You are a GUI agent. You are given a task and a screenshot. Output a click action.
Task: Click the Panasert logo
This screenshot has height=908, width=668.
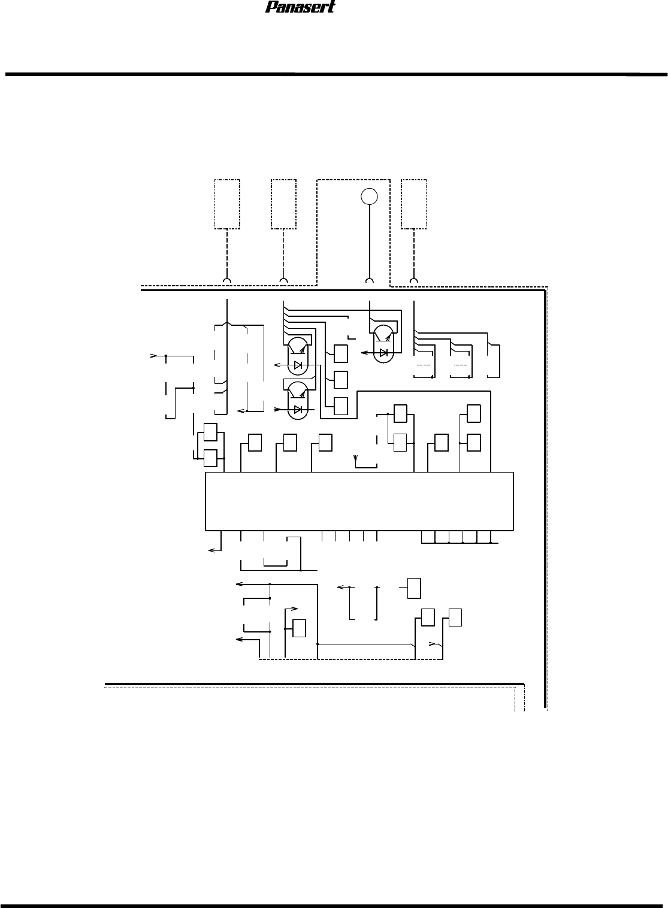click(301, 7)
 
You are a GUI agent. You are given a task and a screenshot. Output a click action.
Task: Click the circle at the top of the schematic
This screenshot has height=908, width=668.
click(369, 196)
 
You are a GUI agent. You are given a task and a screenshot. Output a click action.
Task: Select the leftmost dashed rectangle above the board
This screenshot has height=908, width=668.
click(227, 204)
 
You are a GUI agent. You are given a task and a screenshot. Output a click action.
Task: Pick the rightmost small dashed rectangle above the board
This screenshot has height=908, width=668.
click(414, 204)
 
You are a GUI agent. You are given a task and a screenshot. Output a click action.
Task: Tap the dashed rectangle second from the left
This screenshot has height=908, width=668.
click(283, 204)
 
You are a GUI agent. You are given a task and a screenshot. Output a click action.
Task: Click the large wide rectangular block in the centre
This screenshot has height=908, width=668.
click(359, 501)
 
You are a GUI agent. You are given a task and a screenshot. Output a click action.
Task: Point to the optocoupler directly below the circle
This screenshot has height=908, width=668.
click(383, 344)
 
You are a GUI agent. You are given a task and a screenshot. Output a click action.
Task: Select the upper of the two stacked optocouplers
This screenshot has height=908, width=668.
click(298, 356)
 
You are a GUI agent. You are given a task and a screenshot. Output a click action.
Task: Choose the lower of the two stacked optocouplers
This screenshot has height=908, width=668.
click(298, 401)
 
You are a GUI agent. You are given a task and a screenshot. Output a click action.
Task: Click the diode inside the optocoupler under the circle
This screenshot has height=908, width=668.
click(383, 353)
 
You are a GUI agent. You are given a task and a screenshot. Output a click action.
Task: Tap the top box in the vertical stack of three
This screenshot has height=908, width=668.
click(341, 353)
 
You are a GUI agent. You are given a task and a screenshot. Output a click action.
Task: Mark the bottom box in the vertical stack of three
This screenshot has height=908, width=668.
click(341, 405)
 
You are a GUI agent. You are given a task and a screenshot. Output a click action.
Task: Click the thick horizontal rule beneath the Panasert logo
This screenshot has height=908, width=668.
click(336, 75)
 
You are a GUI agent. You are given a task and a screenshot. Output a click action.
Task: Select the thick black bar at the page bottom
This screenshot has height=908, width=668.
click(334, 905)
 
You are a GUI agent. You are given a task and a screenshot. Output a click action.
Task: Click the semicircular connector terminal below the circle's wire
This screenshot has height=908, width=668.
click(369, 280)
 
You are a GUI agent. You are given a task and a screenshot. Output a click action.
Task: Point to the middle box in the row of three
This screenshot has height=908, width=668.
click(290, 443)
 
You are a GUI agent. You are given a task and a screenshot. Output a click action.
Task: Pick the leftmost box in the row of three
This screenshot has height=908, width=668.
click(255, 443)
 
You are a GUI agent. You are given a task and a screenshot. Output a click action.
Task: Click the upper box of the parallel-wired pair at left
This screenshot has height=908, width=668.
click(210, 432)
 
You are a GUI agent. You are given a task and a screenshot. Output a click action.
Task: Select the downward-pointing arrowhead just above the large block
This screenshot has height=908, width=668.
click(356, 458)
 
